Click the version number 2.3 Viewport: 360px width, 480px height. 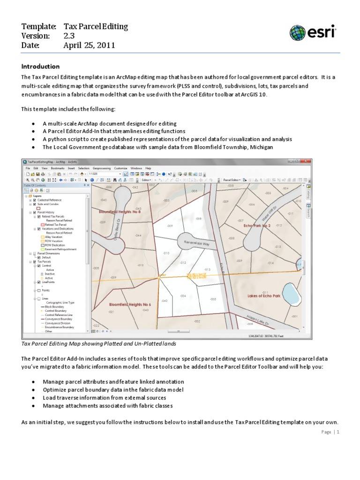pos(69,36)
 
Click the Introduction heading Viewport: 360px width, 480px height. pos(40,67)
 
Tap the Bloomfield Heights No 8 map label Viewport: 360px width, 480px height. pos(120,212)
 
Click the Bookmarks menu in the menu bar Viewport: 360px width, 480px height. pos(59,168)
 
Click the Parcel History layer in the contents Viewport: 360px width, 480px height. pos(46,212)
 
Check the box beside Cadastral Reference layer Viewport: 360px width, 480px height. pos(35,200)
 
